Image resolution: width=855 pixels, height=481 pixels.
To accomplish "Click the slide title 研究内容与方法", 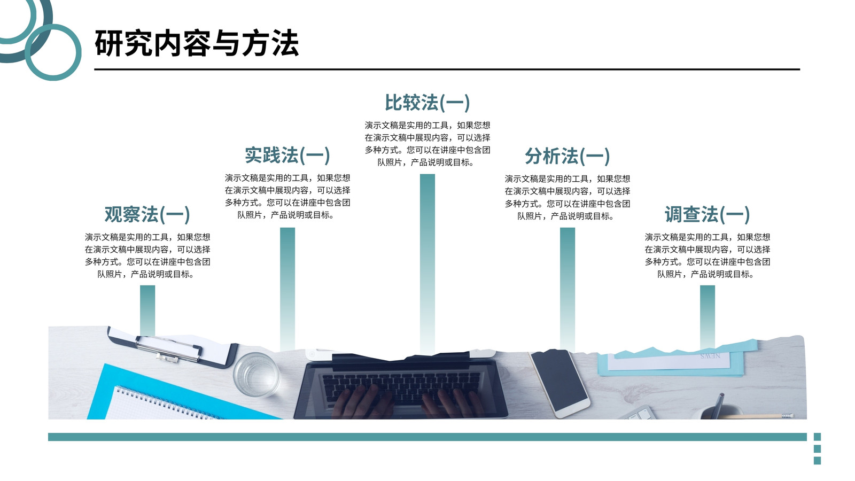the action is pos(197,43).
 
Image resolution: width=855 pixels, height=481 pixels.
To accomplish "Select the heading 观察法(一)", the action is pos(147,214).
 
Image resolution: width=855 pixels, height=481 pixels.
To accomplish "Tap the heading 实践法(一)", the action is pos(287,156).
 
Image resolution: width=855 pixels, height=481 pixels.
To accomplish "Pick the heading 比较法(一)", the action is pos(427,103).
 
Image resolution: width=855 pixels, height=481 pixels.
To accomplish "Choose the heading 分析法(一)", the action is pos(567,156).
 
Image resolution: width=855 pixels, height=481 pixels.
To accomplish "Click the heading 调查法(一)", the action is pos(708,214).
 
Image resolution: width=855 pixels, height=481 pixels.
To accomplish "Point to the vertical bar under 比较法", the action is pos(428,264).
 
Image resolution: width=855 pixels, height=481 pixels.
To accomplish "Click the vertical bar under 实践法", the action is pos(287,289).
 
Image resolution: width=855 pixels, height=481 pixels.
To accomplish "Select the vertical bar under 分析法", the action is pos(568,289).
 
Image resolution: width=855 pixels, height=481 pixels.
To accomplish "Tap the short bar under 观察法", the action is pos(147,311).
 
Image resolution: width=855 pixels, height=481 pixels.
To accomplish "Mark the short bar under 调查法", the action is pos(708,317).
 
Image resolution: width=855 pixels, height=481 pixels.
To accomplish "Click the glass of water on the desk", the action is pos(256,375).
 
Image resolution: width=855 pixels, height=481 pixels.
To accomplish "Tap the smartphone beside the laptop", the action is pos(559,383).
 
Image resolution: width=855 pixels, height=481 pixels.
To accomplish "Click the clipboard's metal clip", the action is pos(168,348).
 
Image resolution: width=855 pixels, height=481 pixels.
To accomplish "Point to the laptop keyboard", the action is pos(401,385).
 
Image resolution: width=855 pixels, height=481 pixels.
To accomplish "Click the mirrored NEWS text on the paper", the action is pos(710,356).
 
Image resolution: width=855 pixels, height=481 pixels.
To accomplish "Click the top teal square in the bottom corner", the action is pos(817,437).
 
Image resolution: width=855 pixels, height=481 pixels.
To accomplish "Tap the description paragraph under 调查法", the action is pos(708,255).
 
